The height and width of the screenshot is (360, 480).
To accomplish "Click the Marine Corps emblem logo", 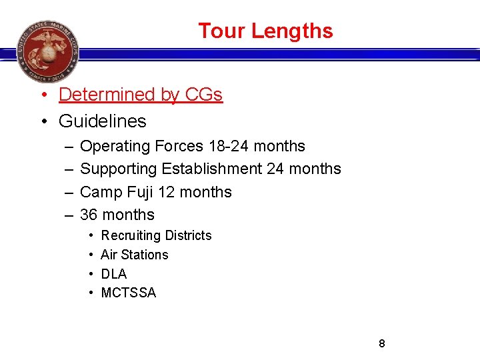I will pyautogui.click(x=47, y=51).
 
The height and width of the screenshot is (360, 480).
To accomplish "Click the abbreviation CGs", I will pyautogui.click(x=203, y=95).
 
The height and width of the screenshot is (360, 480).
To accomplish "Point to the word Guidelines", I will pyautogui.click(x=102, y=121).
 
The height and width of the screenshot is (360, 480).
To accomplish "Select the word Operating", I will pyautogui.click(x=115, y=146).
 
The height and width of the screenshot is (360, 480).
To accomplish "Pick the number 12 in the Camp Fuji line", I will pyautogui.click(x=167, y=192).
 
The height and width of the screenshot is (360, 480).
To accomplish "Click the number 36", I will pyautogui.click(x=89, y=215).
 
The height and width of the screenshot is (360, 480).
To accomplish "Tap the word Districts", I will pyautogui.click(x=188, y=235).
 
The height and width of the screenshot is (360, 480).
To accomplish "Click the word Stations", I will pyautogui.click(x=145, y=255).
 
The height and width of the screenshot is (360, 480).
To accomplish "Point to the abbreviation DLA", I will pyautogui.click(x=113, y=274).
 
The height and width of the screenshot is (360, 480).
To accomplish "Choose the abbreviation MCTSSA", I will pyautogui.click(x=128, y=293).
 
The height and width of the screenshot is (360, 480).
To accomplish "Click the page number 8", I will pyautogui.click(x=382, y=343).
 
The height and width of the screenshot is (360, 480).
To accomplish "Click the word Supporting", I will pyautogui.click(x=118, y=169).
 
